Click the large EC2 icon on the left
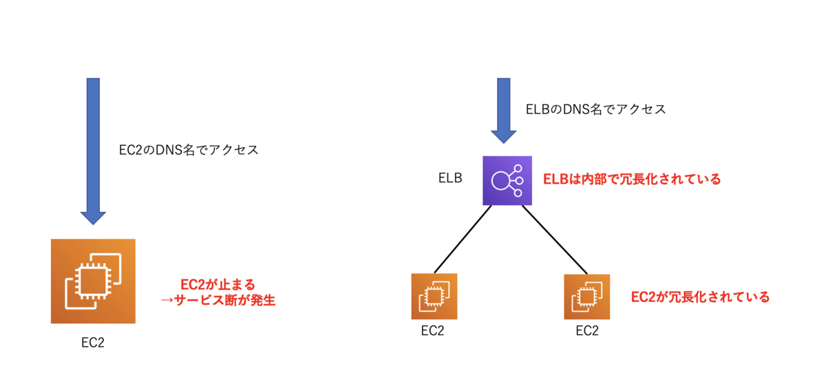click(x=94, y=281)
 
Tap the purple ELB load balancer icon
click(x=507, y=181)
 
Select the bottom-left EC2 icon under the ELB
click(x=434, y=297)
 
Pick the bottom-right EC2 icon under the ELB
click(x=587, y=297)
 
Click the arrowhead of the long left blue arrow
click(x=94, y=218)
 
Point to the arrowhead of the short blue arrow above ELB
click(x=504, y=137)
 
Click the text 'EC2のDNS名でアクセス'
click(x=189, y=150)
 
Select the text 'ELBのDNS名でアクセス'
click(x=595, y=109)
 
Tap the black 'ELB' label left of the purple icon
click(x=450, y=178)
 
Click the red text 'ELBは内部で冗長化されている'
click(x=632, y=179)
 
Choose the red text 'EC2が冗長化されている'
click(x=700, y=297)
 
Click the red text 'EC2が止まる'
click(x=218, y=285)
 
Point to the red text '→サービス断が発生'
click(x=218, y=300)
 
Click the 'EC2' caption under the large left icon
click(x=93, y=343)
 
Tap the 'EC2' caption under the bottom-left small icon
click(x=432, y=331)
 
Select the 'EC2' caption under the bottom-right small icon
click(x=587, y=331)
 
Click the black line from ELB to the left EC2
click(x=463, y=239)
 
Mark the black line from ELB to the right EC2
click(x=555, y=239)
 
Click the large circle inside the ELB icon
click(x=501, y=181)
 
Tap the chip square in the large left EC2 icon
click(x=94, y=281)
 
